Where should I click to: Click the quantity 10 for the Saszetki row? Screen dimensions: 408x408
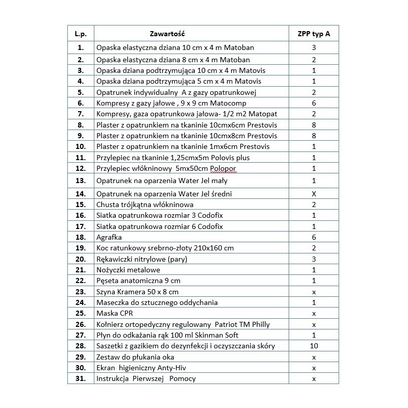click(x=314, y=346)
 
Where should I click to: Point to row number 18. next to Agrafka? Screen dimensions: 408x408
click(x=81, y=237)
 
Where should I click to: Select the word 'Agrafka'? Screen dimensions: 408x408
click(x=109, y=237)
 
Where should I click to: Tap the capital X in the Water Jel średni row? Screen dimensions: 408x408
click(x=314, y=194)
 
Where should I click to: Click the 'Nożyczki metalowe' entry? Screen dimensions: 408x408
click(x=128, y=270)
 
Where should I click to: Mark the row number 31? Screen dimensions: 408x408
click(x=81, y=378)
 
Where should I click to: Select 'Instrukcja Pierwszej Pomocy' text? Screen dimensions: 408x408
click(x=146, y=378)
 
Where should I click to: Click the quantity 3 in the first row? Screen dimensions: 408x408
click(x=314, y=48)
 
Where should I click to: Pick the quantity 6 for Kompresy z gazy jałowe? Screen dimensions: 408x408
click(x=314, y=103)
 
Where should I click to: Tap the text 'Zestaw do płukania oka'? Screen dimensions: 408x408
click(x=134, y=357)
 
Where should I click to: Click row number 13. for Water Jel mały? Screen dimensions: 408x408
click(x=81, y=181)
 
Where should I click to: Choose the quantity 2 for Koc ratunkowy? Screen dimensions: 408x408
click(x=314, y=248)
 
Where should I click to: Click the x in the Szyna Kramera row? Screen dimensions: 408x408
click(x=314, y=292)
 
